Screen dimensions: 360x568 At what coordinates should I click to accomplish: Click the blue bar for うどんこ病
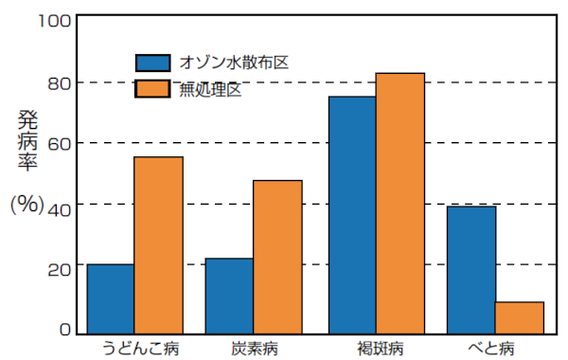(x=110, y=298)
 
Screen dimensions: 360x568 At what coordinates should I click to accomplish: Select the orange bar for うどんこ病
(x=158, y=244)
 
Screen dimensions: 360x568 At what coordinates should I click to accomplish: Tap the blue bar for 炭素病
(x=229, y=296)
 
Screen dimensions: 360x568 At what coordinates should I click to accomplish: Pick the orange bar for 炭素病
(x=277, y=257)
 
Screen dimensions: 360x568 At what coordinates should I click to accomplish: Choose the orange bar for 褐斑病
(x=400, y=203)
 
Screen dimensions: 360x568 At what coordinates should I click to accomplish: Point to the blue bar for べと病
(x=471, y=269)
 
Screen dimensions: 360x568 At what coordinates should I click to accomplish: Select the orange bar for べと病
(x=520, y=317)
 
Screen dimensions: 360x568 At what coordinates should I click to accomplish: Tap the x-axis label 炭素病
(x=255, y=347)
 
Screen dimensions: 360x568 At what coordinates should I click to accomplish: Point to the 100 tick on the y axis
(x=52, y=20)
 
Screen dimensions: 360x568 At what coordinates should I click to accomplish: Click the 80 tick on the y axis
(x=57, y=82)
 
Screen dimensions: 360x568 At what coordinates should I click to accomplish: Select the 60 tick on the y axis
(x=57, y=144)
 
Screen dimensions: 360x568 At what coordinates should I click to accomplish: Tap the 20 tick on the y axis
(x=57, y=268)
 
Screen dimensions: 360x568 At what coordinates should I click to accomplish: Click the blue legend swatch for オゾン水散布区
(x=152, y=63)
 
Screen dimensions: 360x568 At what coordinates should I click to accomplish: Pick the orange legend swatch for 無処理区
(x=152, y=89)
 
